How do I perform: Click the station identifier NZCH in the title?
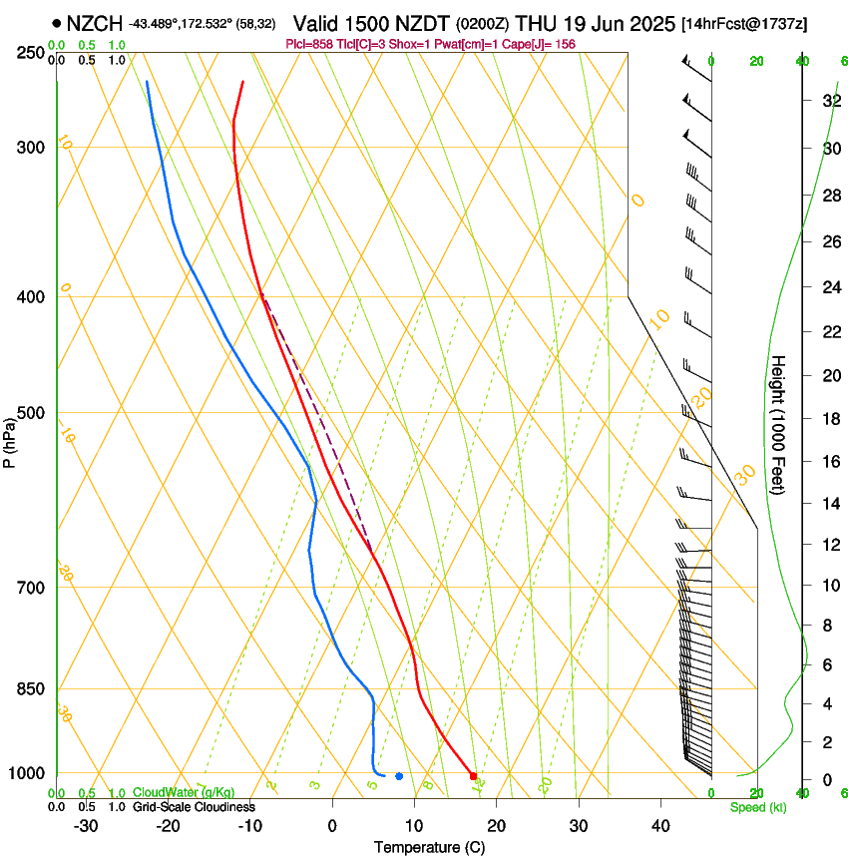[x=94, y=23]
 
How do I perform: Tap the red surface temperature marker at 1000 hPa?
[x=473, y=775]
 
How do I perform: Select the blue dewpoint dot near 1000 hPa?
[x=399, y=775]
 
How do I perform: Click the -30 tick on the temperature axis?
[x=86, y=825]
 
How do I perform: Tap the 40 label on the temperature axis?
[x=660, y=825]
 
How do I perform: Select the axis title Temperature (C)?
[x=429, y=847]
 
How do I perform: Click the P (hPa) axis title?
[x=9, y=440]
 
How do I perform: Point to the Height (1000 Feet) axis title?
[x=778, y=424]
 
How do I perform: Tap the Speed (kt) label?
[x=758, y=807]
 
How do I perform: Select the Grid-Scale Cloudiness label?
[x=194, y=807]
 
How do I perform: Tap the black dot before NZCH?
[x=56, y=23]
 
